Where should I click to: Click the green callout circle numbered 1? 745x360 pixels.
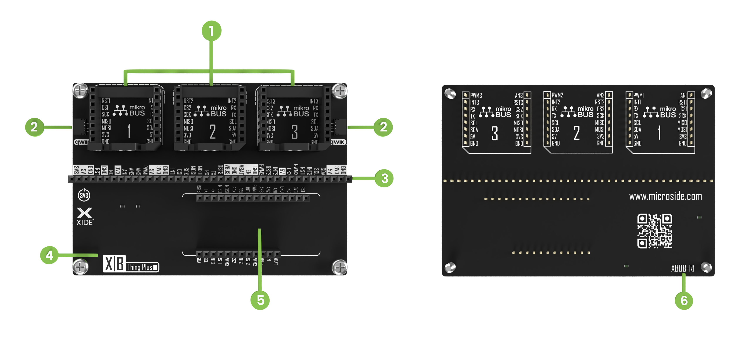pyautogui.click(x=211, y=31)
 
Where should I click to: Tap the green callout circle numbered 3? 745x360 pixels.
pyautogui.click(x=384, y=178)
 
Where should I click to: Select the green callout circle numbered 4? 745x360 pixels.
pyautogui.click(x=49, y=255)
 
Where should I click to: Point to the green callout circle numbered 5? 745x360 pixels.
pyautogui.click(x=260, y=300)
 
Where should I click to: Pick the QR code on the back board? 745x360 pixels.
pyautogui.click(x=654, y=231)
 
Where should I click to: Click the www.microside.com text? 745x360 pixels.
pyautogui.click(x=665, y=197)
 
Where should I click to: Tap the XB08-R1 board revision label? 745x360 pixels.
pyautogui.click(x=683, y=268)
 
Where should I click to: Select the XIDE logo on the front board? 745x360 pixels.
pyautogui.click(x=84, y=216)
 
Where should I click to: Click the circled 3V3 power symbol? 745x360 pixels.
pyautogui.click(x=84, y=195)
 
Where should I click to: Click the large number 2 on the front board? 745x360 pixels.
pyautogui.click(x=213, y=131)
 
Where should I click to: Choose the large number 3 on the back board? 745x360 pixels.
pyautogui.click(x=494, y=133)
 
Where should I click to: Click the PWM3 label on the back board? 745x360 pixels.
pyautogui.click(x=476, y=95)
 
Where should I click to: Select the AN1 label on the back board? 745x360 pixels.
pyautogui.click(x=683, y=95)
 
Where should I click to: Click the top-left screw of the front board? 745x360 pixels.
pyautogui.click(x=80, y=91)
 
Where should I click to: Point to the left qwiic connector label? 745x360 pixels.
pyautogui.click(x=81, y=142)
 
